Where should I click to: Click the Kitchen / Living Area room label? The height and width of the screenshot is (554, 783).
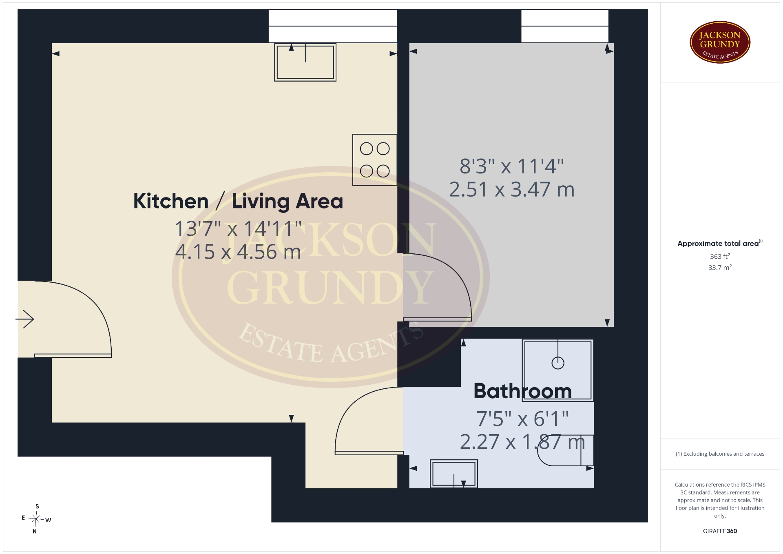coord(238,201)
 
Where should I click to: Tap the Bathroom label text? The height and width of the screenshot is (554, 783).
coord(522,391)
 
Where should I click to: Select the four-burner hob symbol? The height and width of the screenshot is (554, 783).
coord(375,160)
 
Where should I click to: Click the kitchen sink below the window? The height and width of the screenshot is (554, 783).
coord(305,62)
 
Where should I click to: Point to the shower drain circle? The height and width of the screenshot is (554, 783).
coord(557,363)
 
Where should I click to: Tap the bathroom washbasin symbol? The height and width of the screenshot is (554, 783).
coord(453,474)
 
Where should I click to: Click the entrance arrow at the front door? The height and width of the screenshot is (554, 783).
coord(24,319)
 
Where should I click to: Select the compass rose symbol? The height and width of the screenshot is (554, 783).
coord(36,519)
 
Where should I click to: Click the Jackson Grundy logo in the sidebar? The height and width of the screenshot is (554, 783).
coord(720,42)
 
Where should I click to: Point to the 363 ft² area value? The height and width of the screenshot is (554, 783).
coord(720,256)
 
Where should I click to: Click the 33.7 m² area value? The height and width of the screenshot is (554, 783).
coord(720,268)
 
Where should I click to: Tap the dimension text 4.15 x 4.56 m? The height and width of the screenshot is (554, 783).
coord(238,252)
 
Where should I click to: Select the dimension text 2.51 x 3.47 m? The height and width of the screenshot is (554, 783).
coord(512,189)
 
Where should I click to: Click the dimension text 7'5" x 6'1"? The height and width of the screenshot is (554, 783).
coord(522,419)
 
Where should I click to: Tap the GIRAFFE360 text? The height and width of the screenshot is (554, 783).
coord(720,531)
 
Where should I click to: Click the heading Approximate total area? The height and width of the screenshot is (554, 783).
coord(720,244)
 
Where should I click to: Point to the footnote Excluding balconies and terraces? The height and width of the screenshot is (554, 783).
coord(720,454)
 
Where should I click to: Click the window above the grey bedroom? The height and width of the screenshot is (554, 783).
coord(565,26)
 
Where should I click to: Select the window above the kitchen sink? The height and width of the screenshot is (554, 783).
coord(332,26)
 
